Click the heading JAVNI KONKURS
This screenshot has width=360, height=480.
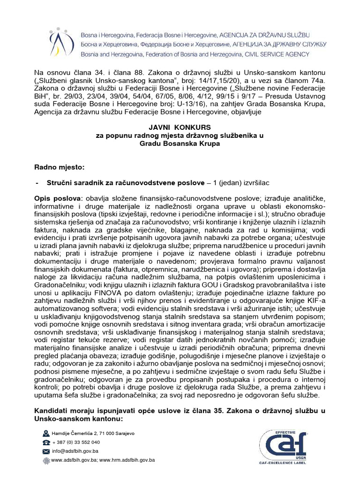pyautogui.click(x=180, y=127)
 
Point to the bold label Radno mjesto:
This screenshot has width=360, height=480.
pyautogui.click(x=60, y=167)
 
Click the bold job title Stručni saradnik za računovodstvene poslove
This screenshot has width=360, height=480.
pyautogui.click(x=126, y=182)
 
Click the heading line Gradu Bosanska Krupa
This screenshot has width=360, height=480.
pyautogui.click(x=180, y=143)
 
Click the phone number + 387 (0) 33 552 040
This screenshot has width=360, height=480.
pyautogui.click(x=76, y=442)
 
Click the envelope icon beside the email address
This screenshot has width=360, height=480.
pyautogui.click(x=46, y=451)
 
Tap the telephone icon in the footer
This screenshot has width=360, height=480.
pyautogui.click(x=46, y=442)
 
